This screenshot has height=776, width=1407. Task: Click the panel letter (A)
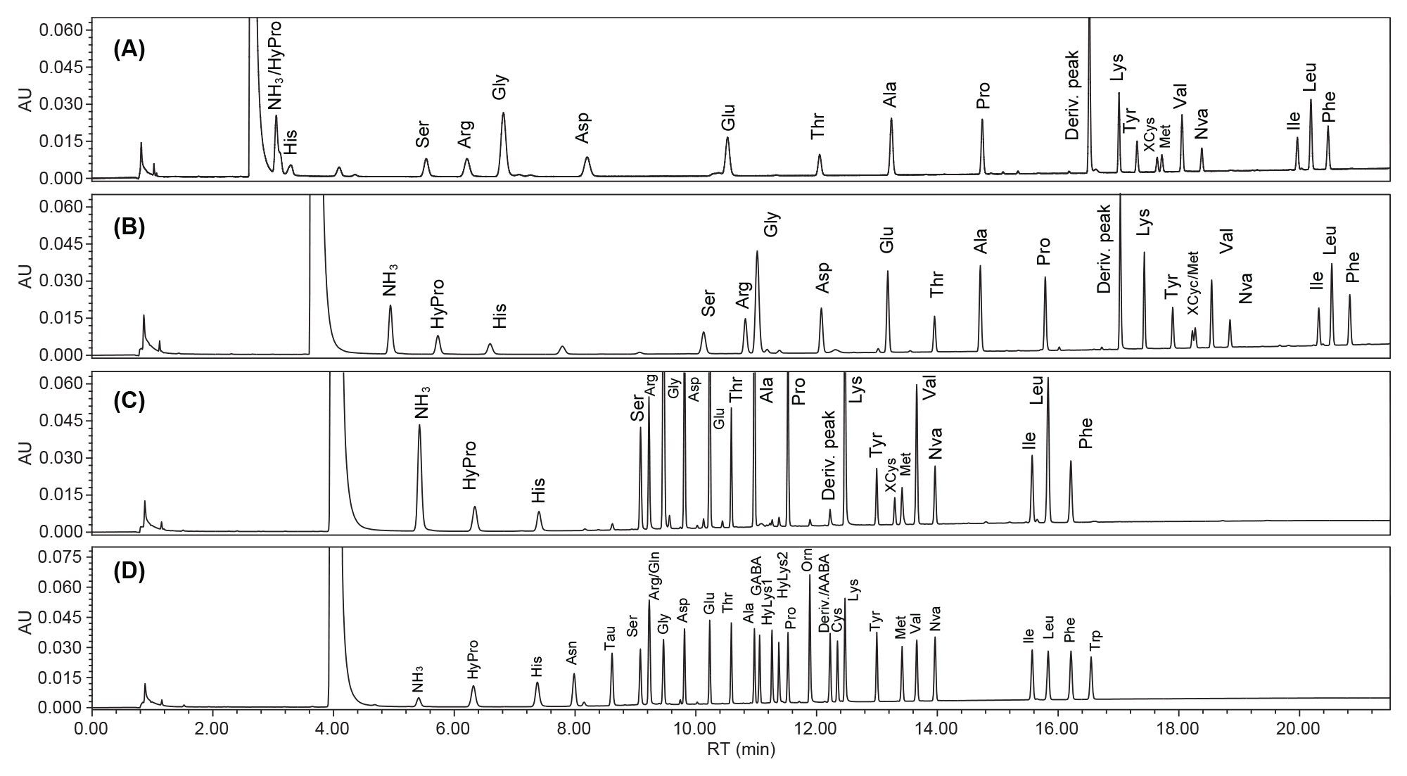(129, 51)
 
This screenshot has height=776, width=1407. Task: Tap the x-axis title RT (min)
(741, 750)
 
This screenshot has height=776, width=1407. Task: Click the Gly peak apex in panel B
(757, 251)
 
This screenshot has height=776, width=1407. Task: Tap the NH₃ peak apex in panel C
(419, 425)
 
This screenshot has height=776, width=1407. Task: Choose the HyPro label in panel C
(470, 465)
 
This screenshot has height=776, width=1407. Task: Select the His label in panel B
(499, 316)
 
